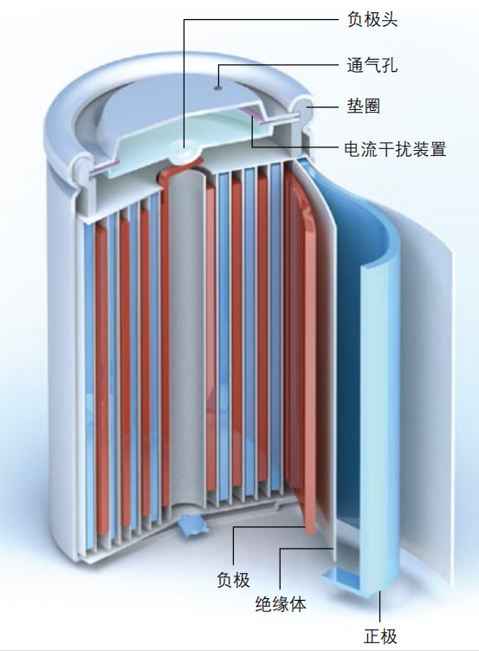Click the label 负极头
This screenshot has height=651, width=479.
[372, 19]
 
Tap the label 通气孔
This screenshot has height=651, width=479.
[372, 65]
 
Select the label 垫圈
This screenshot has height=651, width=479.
[364, 107]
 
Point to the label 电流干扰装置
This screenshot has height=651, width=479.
[395, 148]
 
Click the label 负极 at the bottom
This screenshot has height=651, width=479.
[234, 580]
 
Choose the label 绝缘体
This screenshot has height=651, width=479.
[281, 604]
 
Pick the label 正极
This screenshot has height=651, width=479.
[380, 636]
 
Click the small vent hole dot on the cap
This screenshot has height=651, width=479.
[217, 88]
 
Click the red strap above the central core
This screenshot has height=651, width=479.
[179, 169]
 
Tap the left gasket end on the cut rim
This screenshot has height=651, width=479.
[82, 167]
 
